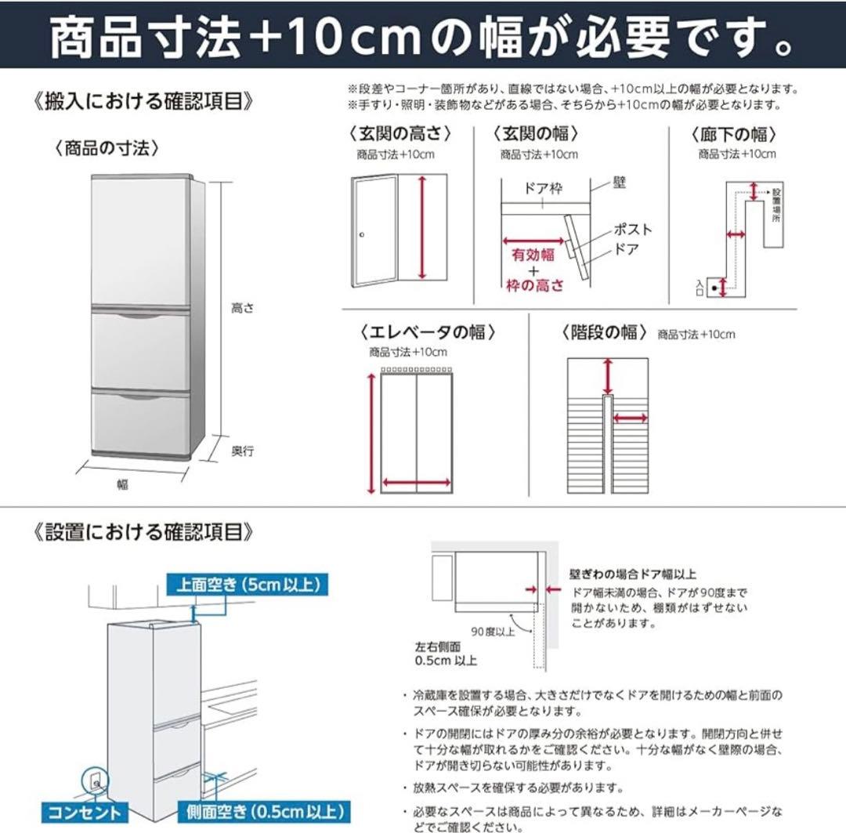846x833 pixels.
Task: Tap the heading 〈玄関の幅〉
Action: [537, 134]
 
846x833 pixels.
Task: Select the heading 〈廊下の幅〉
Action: [734, 134]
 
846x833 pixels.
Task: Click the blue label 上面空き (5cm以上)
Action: [246, 584]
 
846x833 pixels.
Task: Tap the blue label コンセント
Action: [85, 812]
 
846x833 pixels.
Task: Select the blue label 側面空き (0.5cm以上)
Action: [263, 812]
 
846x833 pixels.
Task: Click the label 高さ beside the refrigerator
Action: [242, 309]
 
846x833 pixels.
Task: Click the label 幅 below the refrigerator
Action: [123, 484]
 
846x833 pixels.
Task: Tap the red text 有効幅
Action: [533, 255]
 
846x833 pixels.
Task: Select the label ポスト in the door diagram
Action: [631, 230]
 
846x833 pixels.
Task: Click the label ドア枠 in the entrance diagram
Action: [544, 190]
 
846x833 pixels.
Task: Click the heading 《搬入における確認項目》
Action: [144, 102]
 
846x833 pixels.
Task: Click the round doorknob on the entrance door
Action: [362, 235]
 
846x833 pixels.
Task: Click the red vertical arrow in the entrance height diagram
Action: [422, 227]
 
